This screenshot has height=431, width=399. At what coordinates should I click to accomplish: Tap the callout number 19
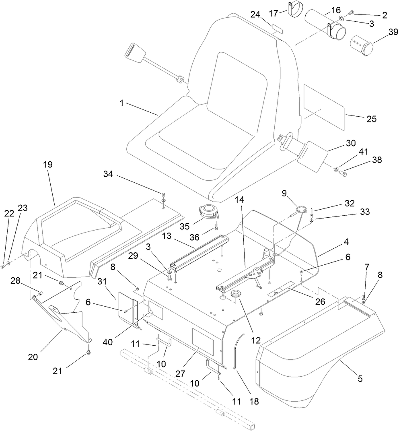[48, 165]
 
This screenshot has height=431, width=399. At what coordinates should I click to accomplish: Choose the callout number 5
[360, 378]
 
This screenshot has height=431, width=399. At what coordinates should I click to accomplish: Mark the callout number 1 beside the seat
[121, 103]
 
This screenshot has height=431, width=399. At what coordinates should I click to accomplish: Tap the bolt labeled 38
[343, 173]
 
